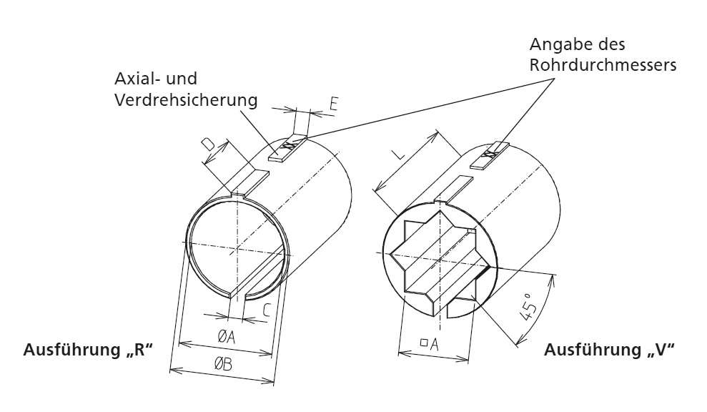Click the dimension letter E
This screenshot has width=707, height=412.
[333, 104]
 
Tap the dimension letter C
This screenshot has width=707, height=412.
[265, 310]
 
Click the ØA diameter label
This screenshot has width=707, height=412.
[227, 335]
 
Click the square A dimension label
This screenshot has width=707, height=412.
[429, 344]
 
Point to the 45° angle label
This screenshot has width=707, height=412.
[530, 313]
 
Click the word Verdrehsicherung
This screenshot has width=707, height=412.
[186, 100]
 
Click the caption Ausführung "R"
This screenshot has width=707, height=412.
[89, 350]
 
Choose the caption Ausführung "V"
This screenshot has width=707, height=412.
[610, 350]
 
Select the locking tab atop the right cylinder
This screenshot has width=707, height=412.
[453, 190]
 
